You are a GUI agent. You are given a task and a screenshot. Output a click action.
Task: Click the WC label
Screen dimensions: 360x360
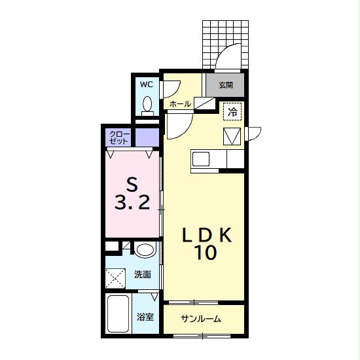point(147,84)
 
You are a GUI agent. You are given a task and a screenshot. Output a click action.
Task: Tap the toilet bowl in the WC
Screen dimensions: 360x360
point(147,103)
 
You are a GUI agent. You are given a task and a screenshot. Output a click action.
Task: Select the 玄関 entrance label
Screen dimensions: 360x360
point(226,85)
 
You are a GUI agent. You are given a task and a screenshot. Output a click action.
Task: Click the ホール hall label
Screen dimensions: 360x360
point(180,104)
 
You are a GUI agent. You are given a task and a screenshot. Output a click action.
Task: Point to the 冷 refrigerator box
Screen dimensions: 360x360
point(232,111)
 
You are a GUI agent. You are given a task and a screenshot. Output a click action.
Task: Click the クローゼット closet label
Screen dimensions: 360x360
point(119,137)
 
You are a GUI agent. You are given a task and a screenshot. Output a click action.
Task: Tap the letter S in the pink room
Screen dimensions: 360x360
point(132,185)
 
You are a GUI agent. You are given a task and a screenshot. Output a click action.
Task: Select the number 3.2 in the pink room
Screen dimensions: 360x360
point(132,202)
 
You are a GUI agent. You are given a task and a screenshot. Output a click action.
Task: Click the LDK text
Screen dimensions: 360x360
point(207,234)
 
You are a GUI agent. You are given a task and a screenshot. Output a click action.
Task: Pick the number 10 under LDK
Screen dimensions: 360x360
point(206,252)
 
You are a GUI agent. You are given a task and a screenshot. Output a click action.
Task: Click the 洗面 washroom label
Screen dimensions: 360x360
point(143,274)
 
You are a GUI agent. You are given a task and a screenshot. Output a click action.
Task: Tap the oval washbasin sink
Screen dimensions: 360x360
point(144,249)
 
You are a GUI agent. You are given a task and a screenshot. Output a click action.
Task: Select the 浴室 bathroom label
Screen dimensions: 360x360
point(145,317)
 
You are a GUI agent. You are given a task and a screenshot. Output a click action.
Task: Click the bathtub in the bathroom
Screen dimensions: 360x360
point(118,314)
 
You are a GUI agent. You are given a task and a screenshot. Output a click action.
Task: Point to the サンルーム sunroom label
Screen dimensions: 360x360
point(201,319)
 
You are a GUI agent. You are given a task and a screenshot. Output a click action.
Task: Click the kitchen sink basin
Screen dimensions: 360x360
point(201,159)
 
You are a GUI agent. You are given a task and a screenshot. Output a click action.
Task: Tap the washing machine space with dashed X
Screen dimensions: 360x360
point(115,278)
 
